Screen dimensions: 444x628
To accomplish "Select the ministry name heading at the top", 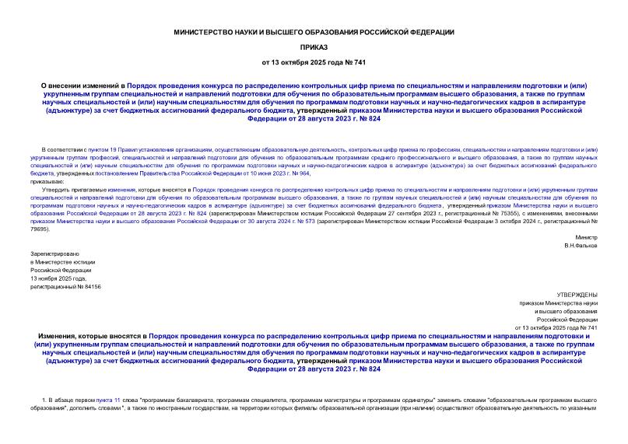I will pos(314,32).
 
